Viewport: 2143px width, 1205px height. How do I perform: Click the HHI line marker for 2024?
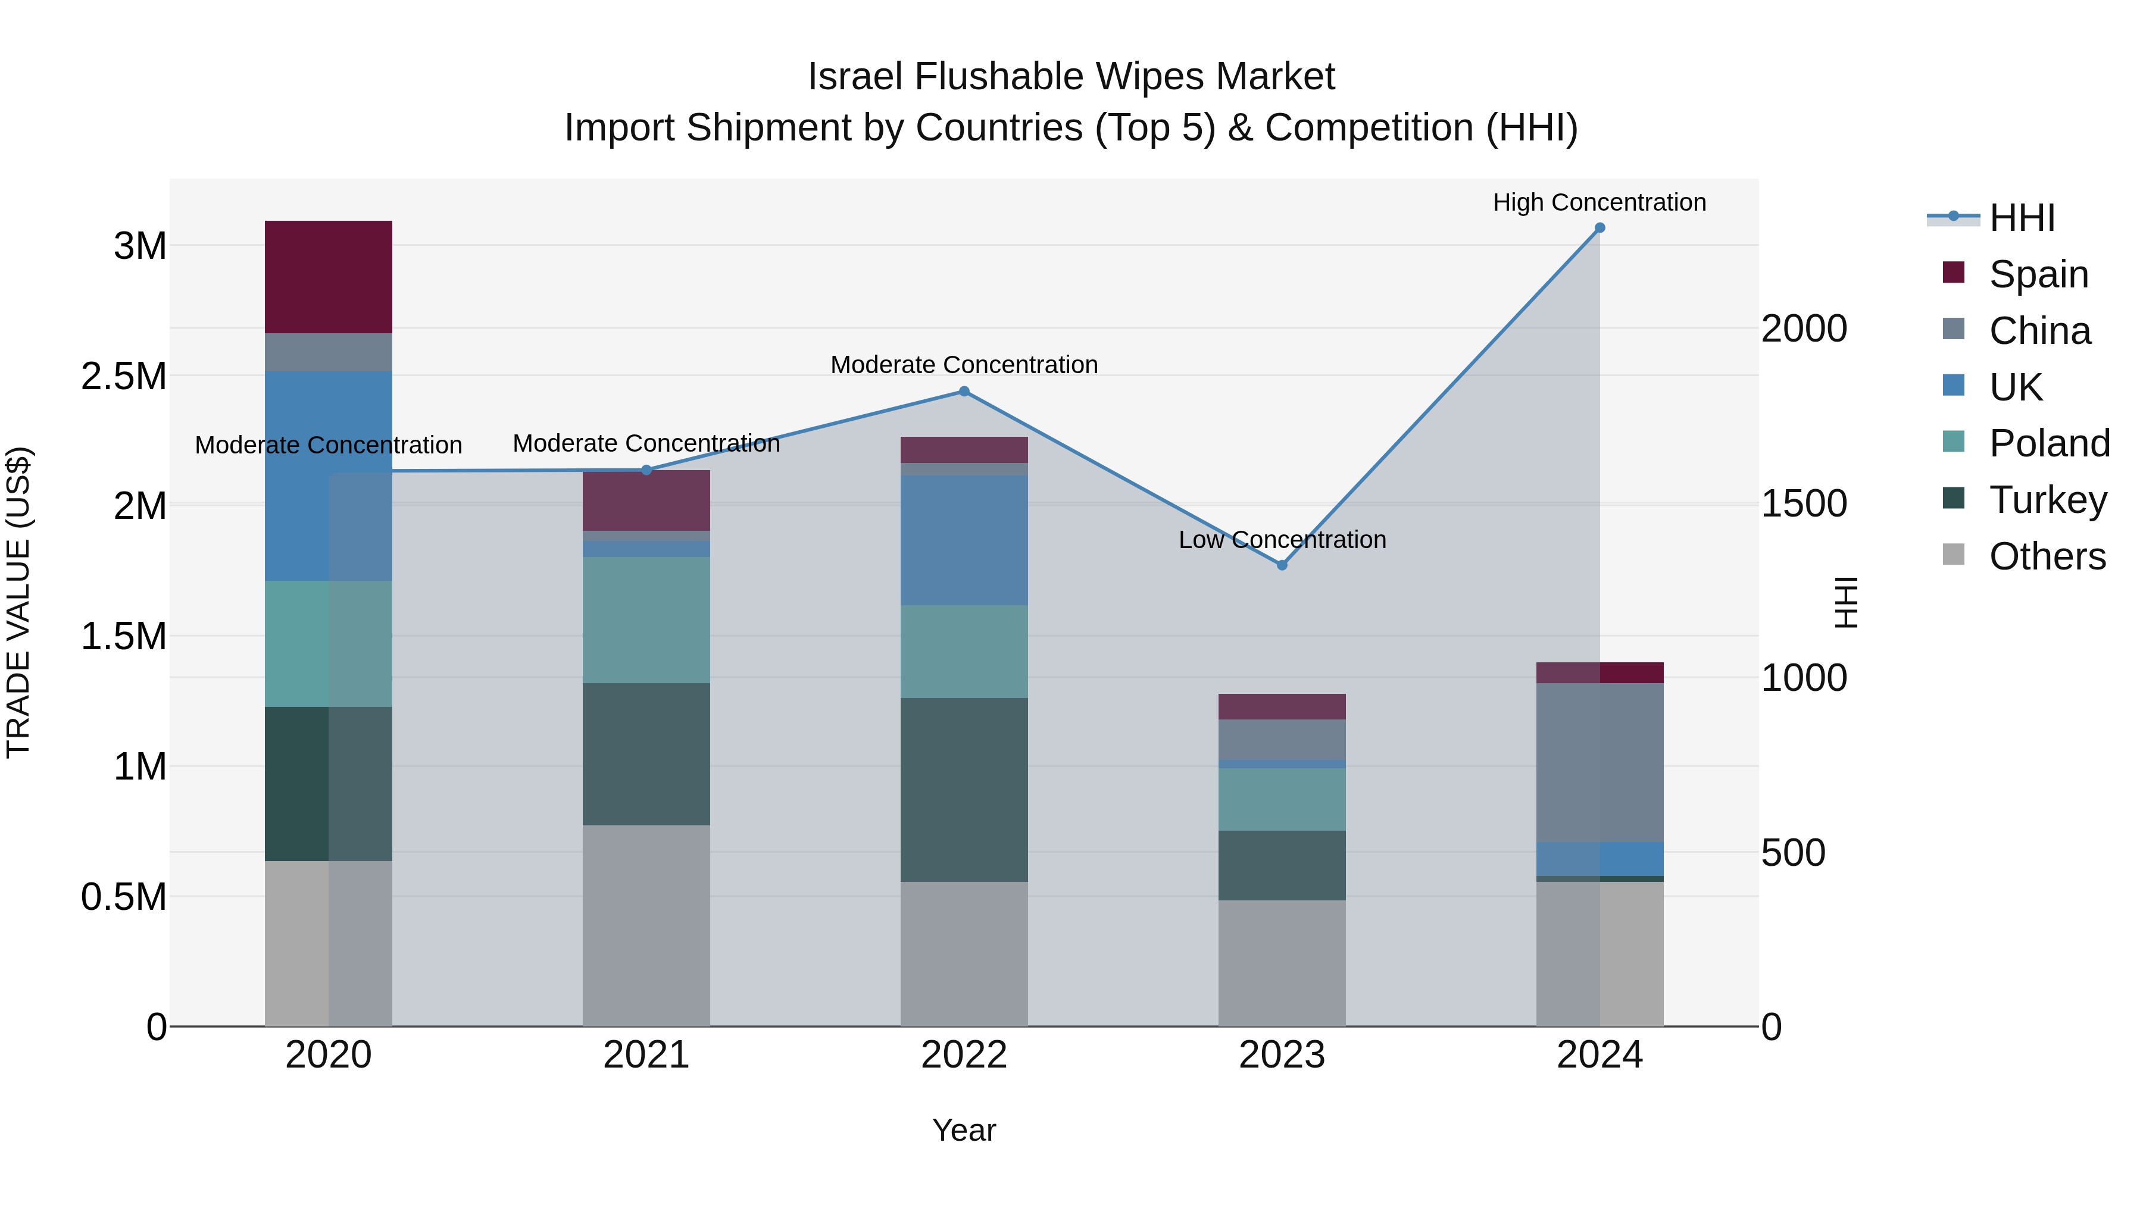coord(1599,228)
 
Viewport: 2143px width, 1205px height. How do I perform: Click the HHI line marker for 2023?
coord(1281,565)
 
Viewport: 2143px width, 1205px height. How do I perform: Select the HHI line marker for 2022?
coord(963,391)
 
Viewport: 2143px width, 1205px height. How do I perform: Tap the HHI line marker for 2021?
coord(646,470)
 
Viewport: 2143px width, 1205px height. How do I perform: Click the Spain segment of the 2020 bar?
coord(328,277)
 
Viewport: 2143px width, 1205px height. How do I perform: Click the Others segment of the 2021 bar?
coord(646,925)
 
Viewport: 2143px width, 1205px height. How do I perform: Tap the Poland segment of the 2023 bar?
coord(1281,799)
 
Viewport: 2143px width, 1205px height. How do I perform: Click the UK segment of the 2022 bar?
coord(963,540)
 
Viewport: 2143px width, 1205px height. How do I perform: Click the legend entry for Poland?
coord(2048,443)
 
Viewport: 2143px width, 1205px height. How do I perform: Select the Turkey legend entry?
coord(2047,500)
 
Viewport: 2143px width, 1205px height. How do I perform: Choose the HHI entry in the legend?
coord(2022,218)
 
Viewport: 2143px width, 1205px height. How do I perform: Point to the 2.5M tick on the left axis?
coord(123,376)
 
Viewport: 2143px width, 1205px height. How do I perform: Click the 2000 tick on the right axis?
coord(1804,328)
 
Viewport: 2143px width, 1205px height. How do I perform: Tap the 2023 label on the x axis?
coord(1281,1054)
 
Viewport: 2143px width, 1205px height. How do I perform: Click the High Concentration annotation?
coord(1598,202)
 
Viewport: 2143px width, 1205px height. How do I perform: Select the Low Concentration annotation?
coord(1281,540)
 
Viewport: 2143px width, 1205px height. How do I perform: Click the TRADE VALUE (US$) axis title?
coord(18,602)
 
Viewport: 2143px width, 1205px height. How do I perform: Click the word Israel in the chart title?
coord(854,77)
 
